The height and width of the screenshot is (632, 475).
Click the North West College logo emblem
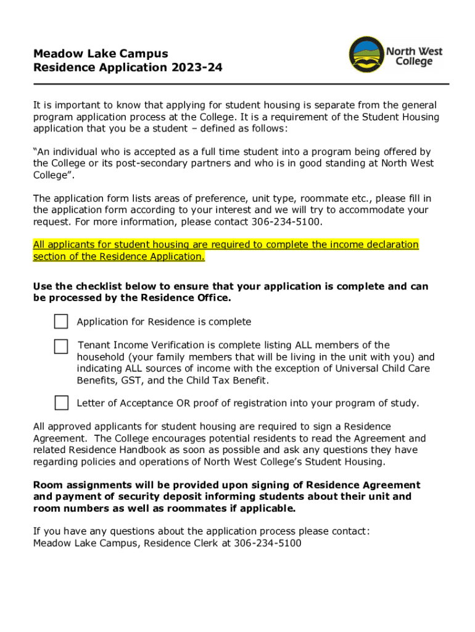coord(366,56)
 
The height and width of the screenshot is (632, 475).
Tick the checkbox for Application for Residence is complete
coord(61,322)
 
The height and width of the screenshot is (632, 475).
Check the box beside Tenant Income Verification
coord(61,346)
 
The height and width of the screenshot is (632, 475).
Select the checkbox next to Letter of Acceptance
coord(61,403)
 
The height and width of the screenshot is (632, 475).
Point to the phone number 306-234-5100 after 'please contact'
coord(286,222)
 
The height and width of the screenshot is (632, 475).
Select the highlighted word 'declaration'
coord(391,245)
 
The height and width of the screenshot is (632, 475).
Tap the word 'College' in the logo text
coord(414,62)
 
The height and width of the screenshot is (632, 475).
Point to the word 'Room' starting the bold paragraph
coord(46,485)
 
